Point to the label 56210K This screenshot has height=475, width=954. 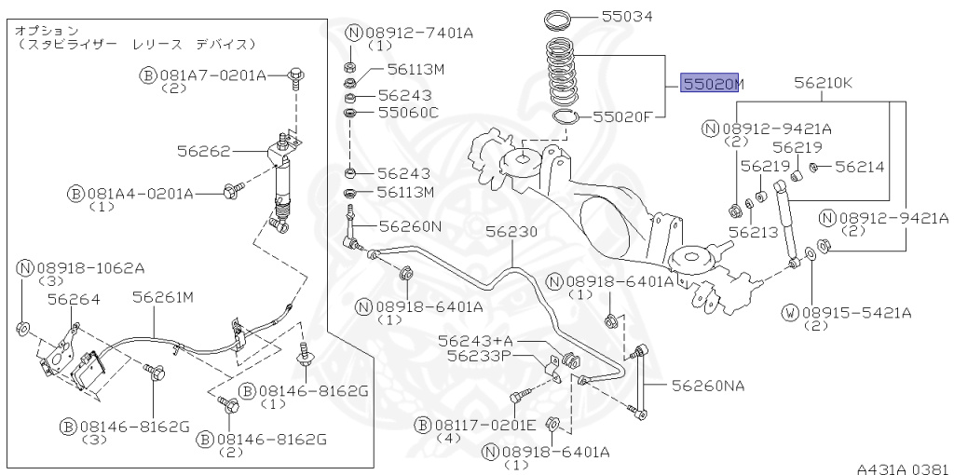point(823,83)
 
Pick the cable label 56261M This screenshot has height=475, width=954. point(162,297)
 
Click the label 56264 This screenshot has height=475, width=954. point(74,298)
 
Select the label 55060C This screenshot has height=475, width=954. point(408,113)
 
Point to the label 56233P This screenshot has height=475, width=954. point(479,355)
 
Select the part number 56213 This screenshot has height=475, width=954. point(753,232)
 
